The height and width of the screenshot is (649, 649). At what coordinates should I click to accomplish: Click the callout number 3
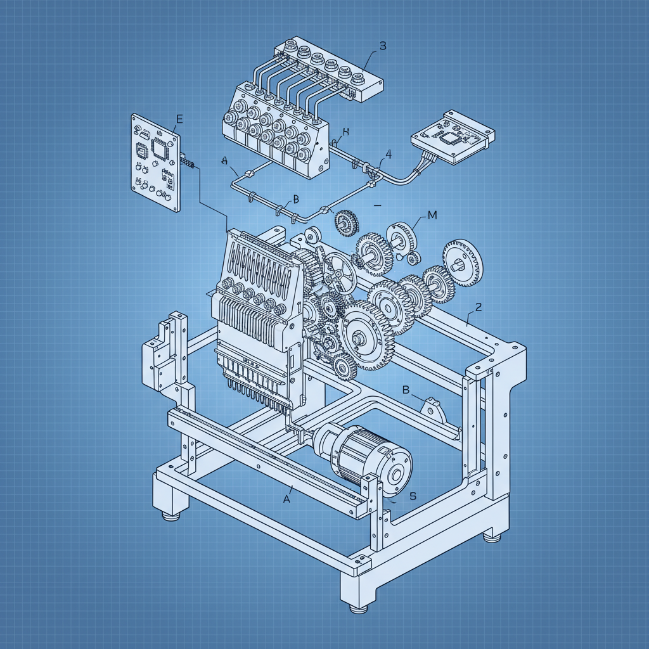[x=382, y=46]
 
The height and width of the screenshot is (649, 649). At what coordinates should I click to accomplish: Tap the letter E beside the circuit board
[x=179, y=119]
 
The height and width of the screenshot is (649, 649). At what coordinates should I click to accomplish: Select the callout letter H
[x=345, y=132]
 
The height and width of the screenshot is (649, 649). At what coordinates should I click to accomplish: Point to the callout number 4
[x=388, y=154]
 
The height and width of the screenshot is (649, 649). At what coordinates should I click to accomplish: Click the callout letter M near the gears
[x=432, y=215]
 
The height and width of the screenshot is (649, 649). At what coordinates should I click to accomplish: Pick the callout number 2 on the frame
[x=479, y=307]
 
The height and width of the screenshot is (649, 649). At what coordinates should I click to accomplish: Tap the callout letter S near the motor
[x=413, y=496]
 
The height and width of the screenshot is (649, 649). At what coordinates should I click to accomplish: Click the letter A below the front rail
[x=286, y=499]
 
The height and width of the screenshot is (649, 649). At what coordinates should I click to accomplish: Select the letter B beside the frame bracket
[x=406, y=389]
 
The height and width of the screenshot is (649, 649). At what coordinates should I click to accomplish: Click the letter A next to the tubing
[x=224, y=161]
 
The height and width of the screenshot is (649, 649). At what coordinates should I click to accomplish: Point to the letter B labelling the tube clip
[x=295, y=200]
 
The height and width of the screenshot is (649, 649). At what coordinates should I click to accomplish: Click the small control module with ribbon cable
[x=453, y=138]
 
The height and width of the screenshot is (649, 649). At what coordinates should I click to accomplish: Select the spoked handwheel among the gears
[x=338, y=274]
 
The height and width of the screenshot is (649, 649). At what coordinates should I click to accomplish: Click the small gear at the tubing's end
[x=345, y=221]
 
